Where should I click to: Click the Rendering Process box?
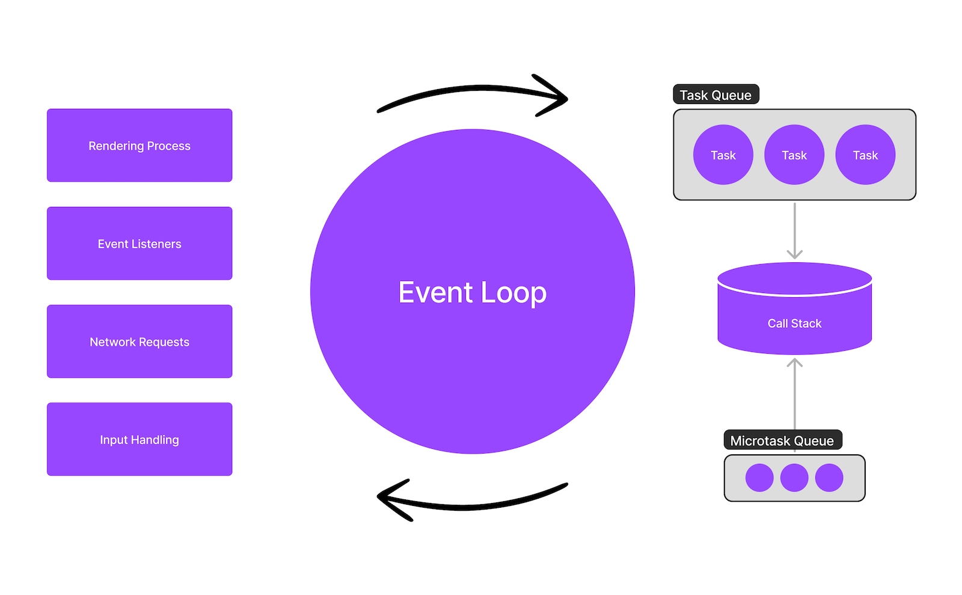(x=139, y=146)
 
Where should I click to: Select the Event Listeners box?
(x=139, y=244)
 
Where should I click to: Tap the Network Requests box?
(x=139, y=342)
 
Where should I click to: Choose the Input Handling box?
(x=139, y=440)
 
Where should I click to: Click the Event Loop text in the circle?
(x=473, y=292)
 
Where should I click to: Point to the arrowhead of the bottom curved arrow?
(x=388, y=498)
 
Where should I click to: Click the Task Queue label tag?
(x=715, y=95)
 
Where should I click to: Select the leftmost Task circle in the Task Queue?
(x=723, y=155)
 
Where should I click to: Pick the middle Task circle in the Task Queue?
(x=794, y=155)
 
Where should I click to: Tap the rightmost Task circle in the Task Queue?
(x=865, y=155)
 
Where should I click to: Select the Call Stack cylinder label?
(x=794, y=324)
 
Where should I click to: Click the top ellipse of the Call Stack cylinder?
(x=794, y=278)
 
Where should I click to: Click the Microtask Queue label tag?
(x=782, y=440)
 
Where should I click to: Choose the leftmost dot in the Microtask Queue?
(x=759, y=478)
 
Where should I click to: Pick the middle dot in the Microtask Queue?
(x=794, y=478)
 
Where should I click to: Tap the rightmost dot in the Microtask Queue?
(x=829, y=478)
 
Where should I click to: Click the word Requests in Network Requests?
(x=164, y=342)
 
